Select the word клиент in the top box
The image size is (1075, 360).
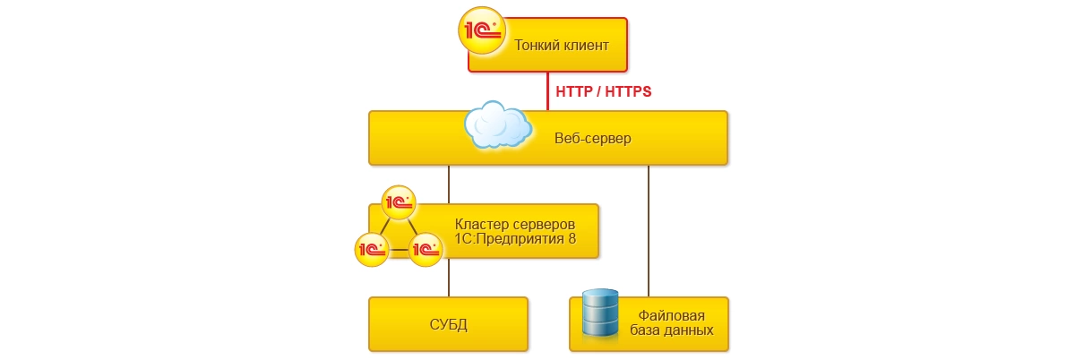587,45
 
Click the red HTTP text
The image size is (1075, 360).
576,91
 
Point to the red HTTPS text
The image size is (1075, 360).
628,91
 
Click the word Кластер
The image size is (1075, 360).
482,223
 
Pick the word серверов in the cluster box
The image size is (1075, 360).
542,223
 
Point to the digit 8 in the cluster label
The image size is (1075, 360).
572,239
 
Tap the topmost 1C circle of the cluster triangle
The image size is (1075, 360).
399,201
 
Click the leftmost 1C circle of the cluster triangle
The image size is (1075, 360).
371,248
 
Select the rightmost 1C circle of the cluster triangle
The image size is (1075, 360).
426,248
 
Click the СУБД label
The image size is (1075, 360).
448,323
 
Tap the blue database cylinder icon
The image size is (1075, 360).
600,313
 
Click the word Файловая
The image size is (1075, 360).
672,315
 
